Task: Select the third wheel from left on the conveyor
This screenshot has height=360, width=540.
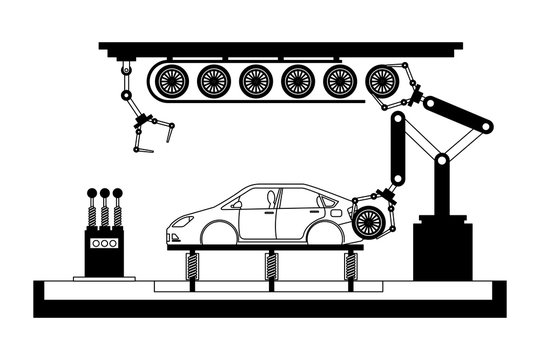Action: (255, 80)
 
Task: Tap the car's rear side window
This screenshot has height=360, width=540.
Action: (299, 197)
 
